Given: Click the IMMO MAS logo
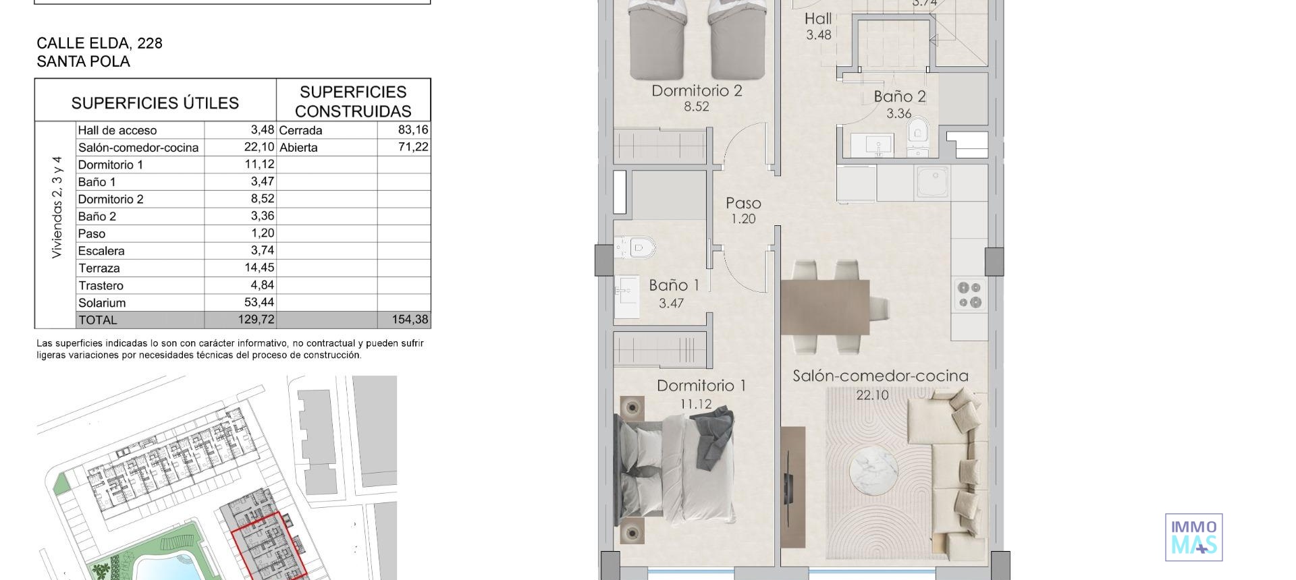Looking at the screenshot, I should click(x=1193, y=538).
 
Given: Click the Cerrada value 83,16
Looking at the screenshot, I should click(x=413, y=129).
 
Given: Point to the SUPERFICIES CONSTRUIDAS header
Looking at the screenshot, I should click(x=353, y=101).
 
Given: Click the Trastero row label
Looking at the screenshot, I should click(x=101, y=285).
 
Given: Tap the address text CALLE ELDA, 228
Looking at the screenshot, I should click(x=99, y=43).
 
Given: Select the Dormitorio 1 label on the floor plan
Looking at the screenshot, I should click(x=701, y=386).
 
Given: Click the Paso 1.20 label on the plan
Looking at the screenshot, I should click(x=743, y=210).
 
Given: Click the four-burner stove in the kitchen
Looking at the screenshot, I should click(x=969, y=295).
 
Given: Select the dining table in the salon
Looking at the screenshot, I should click(x=825, y=307).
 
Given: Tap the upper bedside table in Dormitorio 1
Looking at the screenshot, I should click(x=632, y=407).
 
